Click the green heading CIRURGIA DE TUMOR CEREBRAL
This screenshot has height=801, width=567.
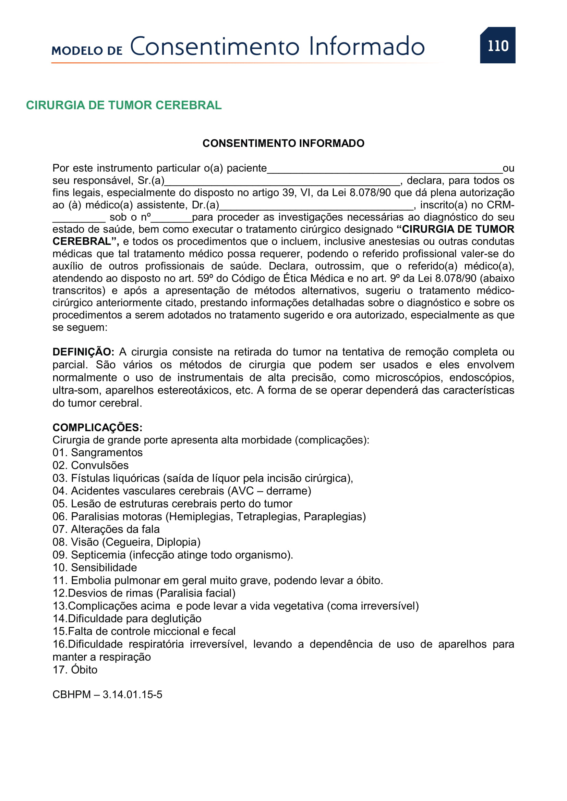tap(124, 105)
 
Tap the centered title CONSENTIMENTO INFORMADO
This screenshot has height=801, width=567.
tap(283, 143)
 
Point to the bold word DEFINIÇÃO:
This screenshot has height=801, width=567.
tap(83, 352)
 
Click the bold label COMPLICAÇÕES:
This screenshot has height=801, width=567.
tap(97, 427)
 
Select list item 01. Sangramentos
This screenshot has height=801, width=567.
tap(97, 452)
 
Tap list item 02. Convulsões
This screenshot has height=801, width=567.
tap(91, 465)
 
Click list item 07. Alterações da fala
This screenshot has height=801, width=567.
tap(106, 529)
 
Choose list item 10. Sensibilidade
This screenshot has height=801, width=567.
tap(95, 567)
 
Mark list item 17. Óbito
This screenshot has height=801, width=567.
tap(75, 670)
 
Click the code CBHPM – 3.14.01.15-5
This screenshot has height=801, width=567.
tap(107, 694)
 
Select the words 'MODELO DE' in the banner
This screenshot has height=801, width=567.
tap(87, 51)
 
